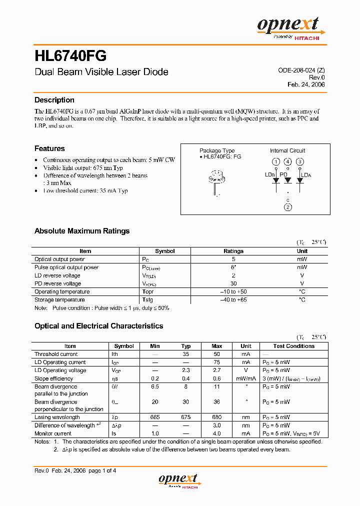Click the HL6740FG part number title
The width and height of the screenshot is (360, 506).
pyautogui.click(x=70, y=54)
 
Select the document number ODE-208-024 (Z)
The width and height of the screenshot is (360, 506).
pyautogui.click(x=301, y=71)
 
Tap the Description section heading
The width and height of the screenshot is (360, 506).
pyautogui.click(x=54, y=100)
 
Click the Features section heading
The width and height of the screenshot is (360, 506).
pyautogui.click(x=49, y=148)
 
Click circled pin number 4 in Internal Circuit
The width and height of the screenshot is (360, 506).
pyautogui.click(x=287, y=161)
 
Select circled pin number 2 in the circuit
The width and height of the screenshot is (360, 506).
pyautogui.click(x=287, y=207)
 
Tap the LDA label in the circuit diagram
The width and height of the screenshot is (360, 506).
pyautogui.click(x=305, y=175)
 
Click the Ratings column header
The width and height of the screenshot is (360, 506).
pyautogui.click(x=233, y=251)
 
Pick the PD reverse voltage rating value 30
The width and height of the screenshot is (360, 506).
pyautogui.click(x=233, y=283)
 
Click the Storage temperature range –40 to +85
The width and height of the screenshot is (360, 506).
pyautogui.click(x=233, y=299)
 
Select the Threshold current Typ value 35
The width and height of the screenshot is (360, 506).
pyautogui.click(x=185, y=354)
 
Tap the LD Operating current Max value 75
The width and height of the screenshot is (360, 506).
pyautogui.click(x=216, y=362)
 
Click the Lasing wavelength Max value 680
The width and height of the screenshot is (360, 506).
pyautogui.click(x=216, y=417)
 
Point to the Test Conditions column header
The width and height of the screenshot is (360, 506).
pyautogui.click(x=293, y=346)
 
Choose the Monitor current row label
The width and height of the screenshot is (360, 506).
pyautogui.click(x=53, y=433)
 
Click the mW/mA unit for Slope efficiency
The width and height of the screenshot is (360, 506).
pyautogui.click(x=246, y=378)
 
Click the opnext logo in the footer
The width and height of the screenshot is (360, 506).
pyautogui.click(x=178, y=480)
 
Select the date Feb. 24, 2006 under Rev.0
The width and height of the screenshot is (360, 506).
pyautogui.click(x=306, y=84)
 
